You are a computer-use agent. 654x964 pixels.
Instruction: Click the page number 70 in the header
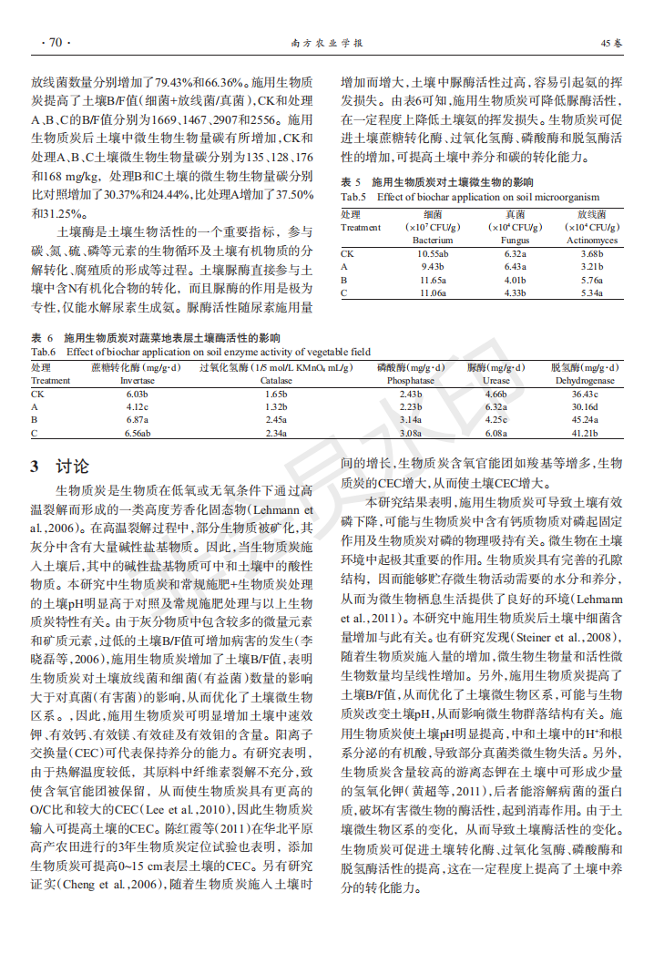[54, 43]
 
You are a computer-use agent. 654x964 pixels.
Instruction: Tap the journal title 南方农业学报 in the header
[326, 43]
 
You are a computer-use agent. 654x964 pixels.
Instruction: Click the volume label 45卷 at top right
[611, 43]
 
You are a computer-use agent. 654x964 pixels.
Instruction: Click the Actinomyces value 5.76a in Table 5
[592, 280]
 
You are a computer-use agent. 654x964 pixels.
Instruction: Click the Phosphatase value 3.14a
[411, 419]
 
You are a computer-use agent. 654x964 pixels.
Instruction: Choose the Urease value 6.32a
[496, 406]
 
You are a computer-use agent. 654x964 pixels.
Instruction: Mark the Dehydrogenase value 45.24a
[585, 419]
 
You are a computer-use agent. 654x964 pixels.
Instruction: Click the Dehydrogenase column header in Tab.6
[585, 381]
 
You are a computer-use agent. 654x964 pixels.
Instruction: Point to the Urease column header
[496, 381]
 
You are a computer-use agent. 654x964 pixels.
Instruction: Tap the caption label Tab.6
[44, 351]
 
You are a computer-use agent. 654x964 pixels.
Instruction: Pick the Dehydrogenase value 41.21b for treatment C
[585, 433]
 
